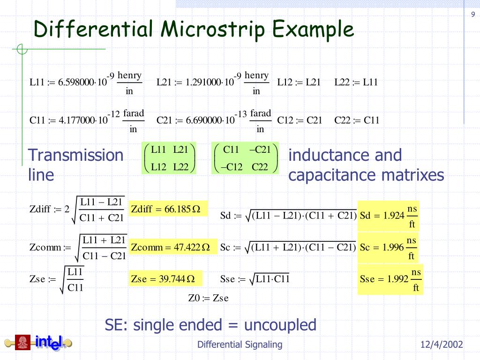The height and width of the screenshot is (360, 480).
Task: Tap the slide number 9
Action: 473,15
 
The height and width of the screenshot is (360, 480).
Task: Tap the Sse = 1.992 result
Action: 390,279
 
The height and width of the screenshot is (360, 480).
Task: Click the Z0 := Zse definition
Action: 208,298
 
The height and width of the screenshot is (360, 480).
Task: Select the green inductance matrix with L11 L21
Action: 169,158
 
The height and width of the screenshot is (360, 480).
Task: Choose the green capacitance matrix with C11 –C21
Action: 245,158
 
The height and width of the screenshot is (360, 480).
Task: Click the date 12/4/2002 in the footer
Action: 442,345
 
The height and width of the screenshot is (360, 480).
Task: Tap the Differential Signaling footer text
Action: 240,345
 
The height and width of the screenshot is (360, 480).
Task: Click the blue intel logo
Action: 48,343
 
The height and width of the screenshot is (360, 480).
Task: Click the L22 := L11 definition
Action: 356,82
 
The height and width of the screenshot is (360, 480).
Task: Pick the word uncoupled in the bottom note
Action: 280,324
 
